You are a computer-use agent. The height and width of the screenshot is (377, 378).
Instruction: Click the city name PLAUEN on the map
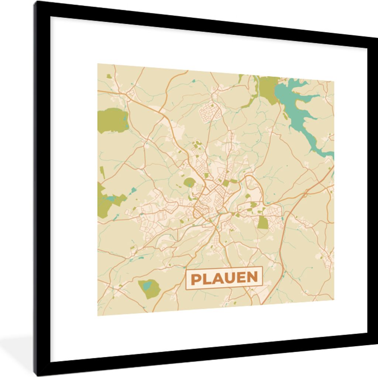[224, 278]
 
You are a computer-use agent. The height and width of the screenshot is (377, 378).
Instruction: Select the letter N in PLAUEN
[252, 278]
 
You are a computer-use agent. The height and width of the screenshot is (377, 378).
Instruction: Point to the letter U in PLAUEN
[230, 278]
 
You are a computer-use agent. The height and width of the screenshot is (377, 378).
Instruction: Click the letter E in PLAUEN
[241, 278]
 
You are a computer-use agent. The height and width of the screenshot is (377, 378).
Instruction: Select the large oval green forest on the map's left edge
[112, 120]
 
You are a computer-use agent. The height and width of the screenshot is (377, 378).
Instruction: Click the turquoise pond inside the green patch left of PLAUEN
[147, 285]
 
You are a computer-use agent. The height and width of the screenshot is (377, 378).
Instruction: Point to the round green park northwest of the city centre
[189, 182]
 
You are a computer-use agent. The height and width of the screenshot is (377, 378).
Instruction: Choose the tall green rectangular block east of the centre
[262, 223]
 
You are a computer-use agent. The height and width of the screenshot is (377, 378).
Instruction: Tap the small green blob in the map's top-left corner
[109, 76]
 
